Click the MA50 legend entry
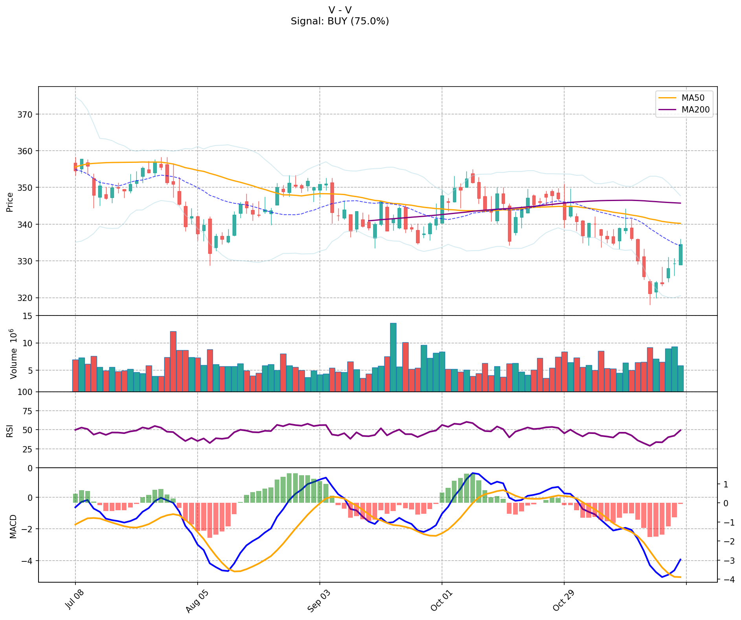click(x=693, y=98)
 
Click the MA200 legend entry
click(x=695, y=110)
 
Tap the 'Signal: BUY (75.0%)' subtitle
click(x=340, y=21)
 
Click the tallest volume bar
click(x=393, y=357)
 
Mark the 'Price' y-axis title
click(x=10, y=202)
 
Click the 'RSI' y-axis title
click(x=10, y=430)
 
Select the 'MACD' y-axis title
click(x=13, y=526)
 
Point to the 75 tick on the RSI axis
click(x=29, y=411)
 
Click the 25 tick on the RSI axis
click(x=29, y=449)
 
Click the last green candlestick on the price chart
click(x=680, y=255)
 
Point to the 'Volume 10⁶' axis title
click(x=14, y=354)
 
